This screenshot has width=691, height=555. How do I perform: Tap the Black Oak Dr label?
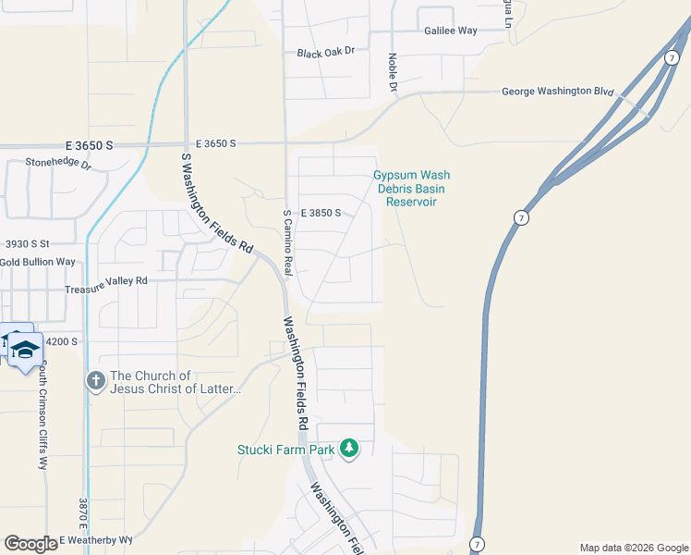click(x=326, y=53)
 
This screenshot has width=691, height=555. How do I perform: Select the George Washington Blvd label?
click(x=558, y=92)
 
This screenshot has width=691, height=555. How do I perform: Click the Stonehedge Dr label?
click(x=58, y=164)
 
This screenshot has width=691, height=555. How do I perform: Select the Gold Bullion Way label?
click(x=38, y=262)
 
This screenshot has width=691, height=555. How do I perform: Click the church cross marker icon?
click(x=95, y=380)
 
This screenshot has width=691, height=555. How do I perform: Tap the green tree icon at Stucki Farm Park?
click(x=348, y=449)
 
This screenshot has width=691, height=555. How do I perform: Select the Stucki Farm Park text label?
click(x=283, y=450)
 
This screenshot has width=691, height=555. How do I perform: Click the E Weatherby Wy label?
click(x=97, y=539)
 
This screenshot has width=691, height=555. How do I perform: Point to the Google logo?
click(x=30, y=543)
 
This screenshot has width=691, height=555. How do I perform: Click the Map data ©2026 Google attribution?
click(x=634, y=548)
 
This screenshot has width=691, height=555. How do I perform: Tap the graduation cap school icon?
click(x=25, y=349)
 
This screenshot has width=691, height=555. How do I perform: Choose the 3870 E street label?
click(x=82, y=519)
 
